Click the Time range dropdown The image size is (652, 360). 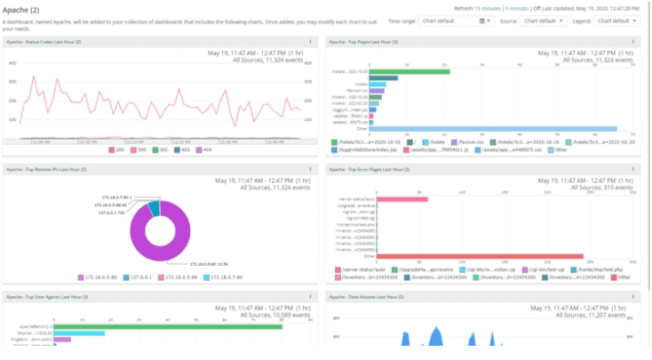456,20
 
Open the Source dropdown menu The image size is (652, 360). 545,20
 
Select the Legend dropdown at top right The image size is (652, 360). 618,20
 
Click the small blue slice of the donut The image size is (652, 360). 155,209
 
